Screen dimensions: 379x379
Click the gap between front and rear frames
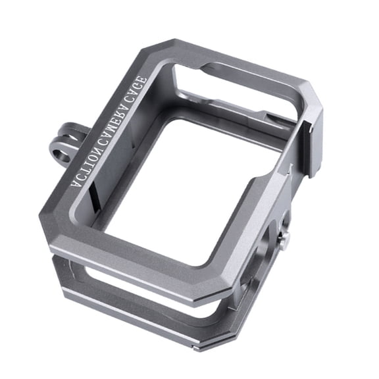pos(132,276)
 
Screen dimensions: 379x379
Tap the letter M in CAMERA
pos(112,122)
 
